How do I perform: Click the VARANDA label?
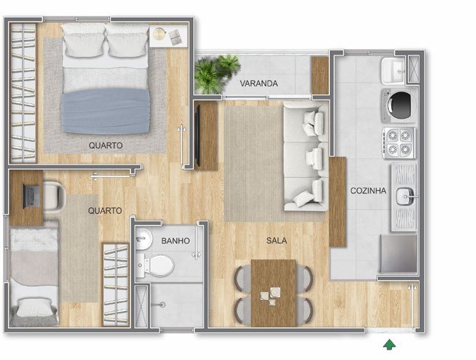pos(258,83)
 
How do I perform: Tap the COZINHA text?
pos(368,190)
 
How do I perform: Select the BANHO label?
pos(176,240)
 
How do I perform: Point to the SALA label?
pos(277,240)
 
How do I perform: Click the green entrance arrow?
pos(389,345)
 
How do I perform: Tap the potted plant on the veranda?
pos(217,73)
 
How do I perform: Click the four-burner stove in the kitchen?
pos(399,142)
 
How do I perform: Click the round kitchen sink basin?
pos(405,196)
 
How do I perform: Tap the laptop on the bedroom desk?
pos(31,195)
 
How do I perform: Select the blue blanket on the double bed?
pos(106,111)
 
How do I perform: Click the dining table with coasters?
pos(273,293)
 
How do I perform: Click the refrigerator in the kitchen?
pos(399,254)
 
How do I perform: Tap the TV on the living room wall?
pos(198,135)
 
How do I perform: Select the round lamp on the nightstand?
pos(159,34)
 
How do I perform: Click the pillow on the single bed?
pos(34,307)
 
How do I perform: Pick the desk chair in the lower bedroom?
pos(53,195)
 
